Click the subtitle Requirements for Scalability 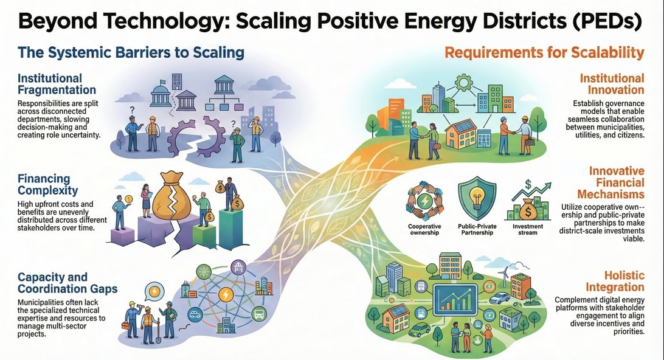[544, 53]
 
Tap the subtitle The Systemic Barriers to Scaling [131, 52]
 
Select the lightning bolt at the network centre [226, 295]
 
